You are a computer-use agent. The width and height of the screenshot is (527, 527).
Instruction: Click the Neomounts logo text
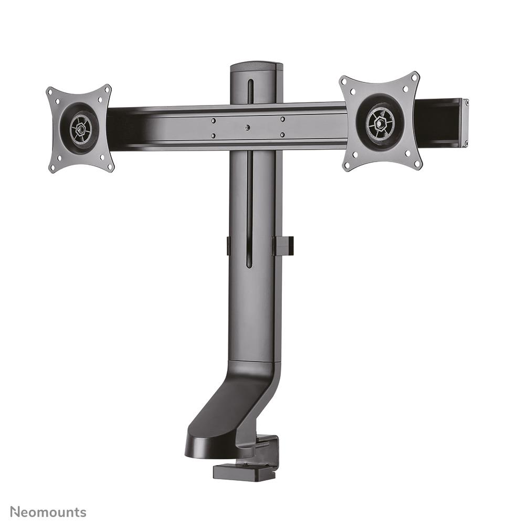[x=48, y=512]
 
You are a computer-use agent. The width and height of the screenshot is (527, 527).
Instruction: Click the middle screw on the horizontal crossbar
[x=247, y=127]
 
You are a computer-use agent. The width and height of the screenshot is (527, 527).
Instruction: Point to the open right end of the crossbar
[x=464, y=122]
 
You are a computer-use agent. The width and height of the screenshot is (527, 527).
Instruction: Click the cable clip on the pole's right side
[x=283, y=246]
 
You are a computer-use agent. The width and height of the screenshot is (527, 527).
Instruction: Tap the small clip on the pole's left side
[x=228, y=246]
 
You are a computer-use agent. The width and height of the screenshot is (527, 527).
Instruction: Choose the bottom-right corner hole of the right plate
[x=417, y=164]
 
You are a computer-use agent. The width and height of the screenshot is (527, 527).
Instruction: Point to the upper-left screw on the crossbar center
[x=213, y=120]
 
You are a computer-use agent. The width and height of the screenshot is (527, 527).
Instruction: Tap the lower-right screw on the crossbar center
[x=282, y=135]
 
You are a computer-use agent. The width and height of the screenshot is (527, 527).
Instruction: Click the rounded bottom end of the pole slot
[x=249, y=265]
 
